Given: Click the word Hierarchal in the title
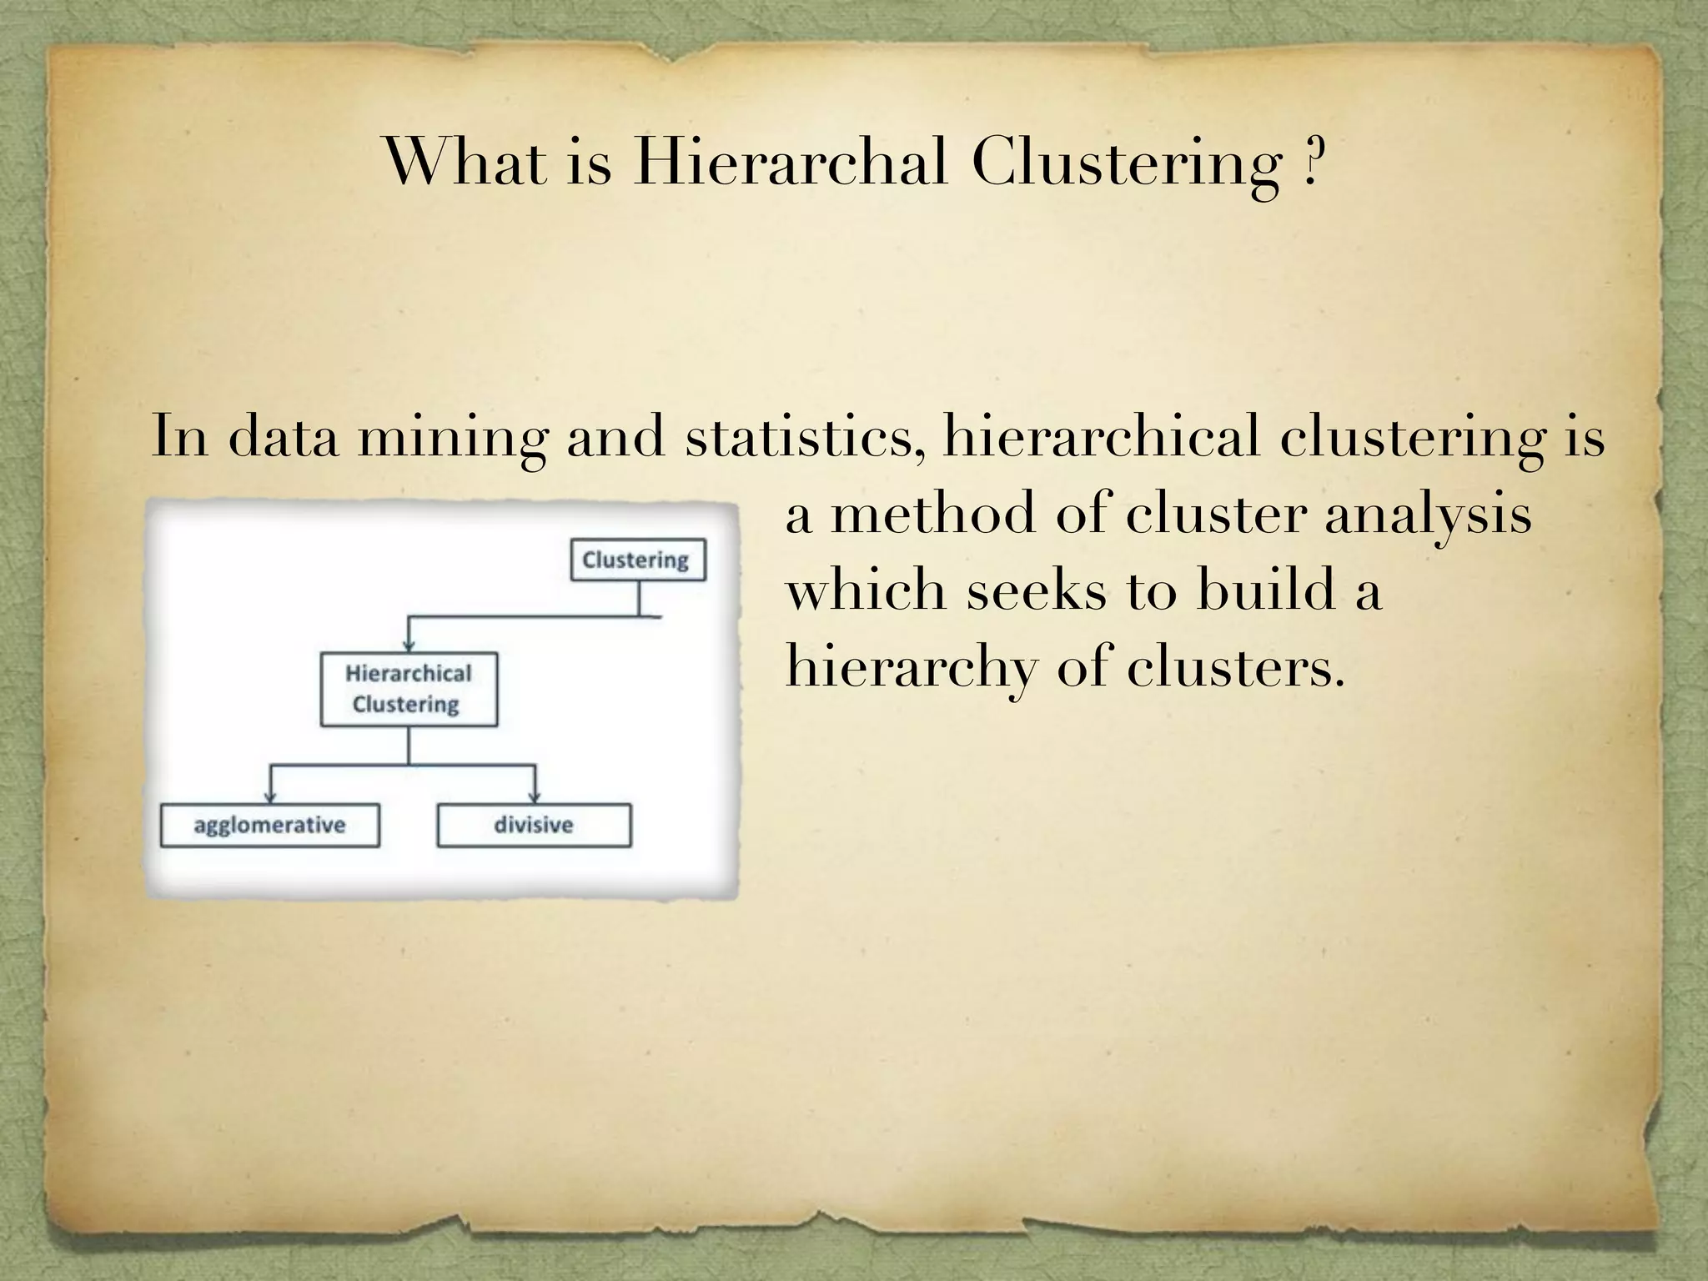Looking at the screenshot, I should [x=791, y=162].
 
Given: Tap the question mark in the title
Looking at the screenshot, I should [x=1311, y=162].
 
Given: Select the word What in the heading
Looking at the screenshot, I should [x=466, y=162].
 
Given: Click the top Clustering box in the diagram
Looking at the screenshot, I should [x=638, y=560].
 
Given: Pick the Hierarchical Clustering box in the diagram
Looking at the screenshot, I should [x=409, y=689].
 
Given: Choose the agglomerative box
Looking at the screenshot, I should [x=269, y=826].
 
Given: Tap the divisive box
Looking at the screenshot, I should [x=534, y=826].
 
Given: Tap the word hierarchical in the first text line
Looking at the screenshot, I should [x=1101, y=435].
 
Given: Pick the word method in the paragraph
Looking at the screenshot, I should [x=933, y=514].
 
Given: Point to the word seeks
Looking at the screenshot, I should [x=1037, y=590].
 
